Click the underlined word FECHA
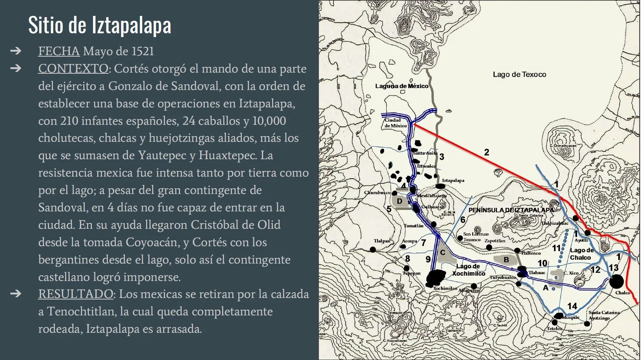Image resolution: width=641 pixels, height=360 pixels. [59, 51]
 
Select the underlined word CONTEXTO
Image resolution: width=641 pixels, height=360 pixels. [73, 69]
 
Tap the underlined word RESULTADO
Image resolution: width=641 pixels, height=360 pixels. [75, 294]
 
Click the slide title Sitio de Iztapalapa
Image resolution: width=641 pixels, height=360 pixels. [100, 25]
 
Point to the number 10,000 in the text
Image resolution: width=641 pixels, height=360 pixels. [269, 121]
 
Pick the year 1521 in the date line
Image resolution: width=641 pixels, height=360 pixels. [143, 51]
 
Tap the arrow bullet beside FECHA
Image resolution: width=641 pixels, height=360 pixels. [16, 51]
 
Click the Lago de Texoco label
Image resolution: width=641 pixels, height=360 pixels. [519, 74]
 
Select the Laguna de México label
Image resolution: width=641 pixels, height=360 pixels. [401, 86]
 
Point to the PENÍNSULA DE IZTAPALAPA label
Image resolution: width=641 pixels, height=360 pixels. [511, 210]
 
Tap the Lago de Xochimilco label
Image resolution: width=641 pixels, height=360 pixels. [468, 270]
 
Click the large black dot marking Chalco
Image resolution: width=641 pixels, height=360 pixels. [616, 282]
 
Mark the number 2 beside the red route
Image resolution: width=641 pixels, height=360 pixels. [487, 152]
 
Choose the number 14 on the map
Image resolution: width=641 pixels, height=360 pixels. [572, 306]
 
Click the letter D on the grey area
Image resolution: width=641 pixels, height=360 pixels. [399, 201]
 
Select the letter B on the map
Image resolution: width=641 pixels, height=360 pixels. [506, 260]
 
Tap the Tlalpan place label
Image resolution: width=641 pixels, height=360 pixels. [382, 241]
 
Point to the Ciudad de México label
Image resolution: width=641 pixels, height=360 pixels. [395, 123]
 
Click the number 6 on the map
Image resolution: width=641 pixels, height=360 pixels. [462, 220]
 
